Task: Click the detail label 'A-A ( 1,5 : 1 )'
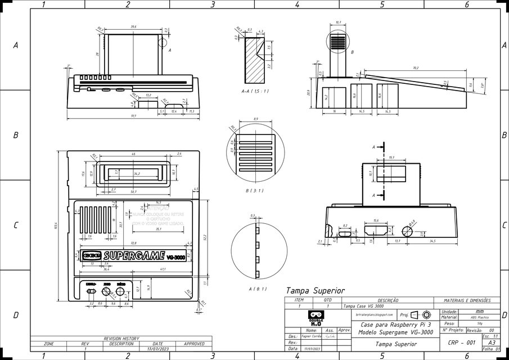[255, 91]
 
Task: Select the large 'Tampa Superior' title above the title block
[315, 291]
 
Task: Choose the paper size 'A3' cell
[492, 342]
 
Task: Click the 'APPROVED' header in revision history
[194, 343]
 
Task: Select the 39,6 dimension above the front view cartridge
[133, 26]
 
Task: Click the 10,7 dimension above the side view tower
[338, 22]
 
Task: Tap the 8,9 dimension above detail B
[256, 119]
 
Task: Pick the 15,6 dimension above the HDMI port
[375, 220]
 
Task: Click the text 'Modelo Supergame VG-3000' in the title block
[395, 332]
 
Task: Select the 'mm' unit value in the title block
[479, 311]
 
